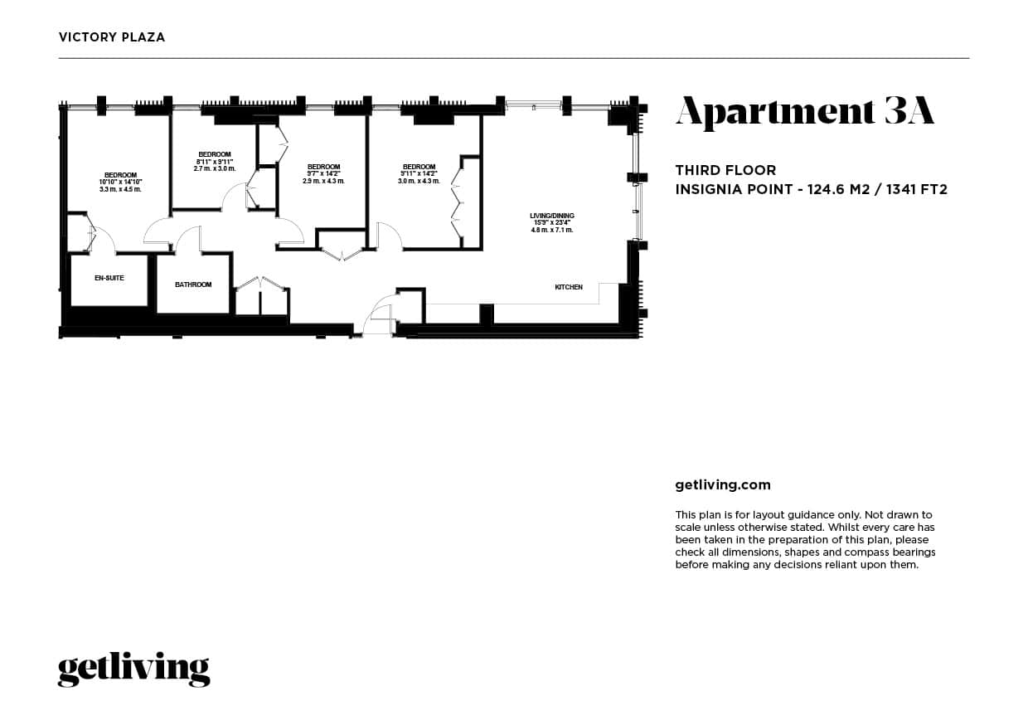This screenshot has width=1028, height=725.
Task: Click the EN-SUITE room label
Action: coord(109,278)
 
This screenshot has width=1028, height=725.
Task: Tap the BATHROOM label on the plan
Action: coord(193,285)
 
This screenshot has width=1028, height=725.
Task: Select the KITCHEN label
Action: coord(569,287)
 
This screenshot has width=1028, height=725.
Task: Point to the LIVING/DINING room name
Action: coord(552,216)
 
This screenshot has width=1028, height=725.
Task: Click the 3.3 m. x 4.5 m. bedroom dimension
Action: coord(120,189)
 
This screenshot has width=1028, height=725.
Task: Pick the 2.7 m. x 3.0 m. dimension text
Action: coord(215,168)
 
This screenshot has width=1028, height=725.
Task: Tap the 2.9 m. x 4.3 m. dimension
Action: coord(323,181)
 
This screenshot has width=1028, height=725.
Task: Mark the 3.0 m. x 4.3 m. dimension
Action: coord(419,181)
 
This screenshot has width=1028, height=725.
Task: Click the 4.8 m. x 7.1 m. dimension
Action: coord(552,230)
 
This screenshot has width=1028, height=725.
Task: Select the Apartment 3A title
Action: coord(804,112)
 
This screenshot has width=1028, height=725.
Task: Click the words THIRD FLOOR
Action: coord(725,170)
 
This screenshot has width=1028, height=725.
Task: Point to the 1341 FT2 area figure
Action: coord(916,189)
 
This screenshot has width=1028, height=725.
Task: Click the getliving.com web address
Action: coord(723,484)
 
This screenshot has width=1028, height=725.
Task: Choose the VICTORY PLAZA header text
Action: coord(112,36)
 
